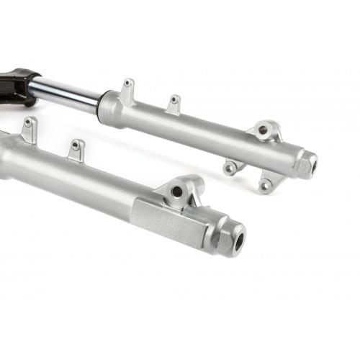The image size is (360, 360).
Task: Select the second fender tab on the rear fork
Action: [x=174, y=105]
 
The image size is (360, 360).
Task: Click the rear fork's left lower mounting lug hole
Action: [x=230, y=170]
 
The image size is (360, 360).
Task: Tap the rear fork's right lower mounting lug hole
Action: [x=265, y=186]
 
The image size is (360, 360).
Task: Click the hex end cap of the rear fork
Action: [x=307, y=164]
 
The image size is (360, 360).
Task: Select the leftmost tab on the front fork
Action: [x=29, y=130]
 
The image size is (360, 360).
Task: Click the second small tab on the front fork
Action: [x=76, y=149]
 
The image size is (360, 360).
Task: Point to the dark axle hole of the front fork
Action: [x=236, y=239]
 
